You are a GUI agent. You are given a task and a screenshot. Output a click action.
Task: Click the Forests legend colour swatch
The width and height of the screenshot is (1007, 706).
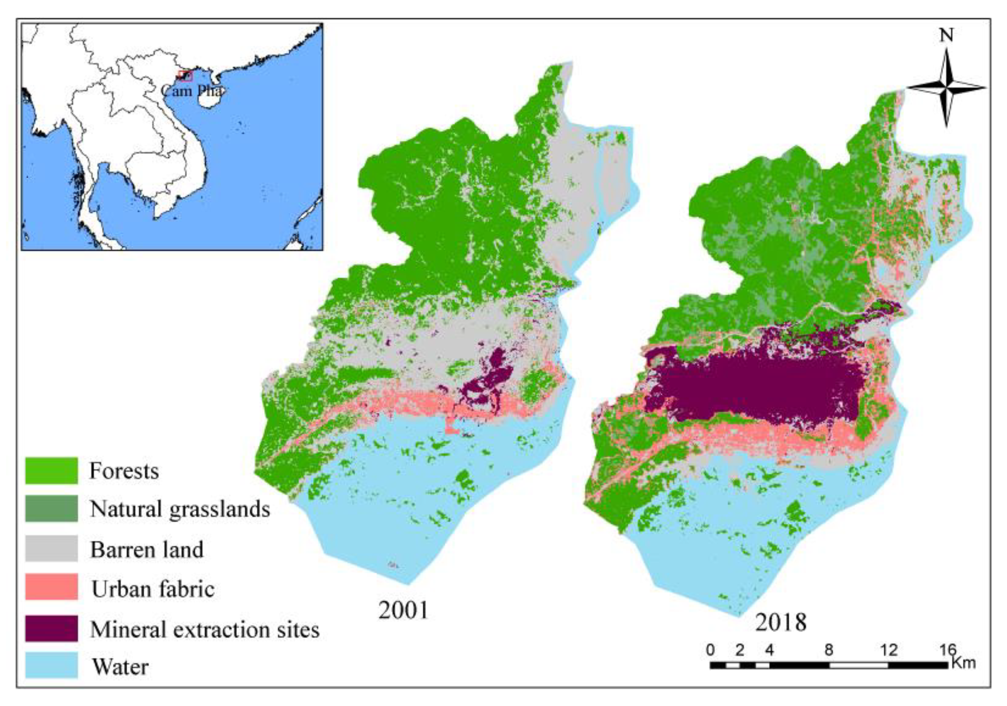point(51,471)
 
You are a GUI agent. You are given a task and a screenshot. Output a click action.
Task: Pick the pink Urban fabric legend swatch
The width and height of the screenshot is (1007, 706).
point(51,586)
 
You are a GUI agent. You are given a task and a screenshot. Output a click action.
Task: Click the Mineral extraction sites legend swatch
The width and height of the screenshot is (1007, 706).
point(51,628)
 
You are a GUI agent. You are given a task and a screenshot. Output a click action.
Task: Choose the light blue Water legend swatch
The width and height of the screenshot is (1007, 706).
point(51,665)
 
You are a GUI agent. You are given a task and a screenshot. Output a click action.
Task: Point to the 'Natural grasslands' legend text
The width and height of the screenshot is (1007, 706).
point(180,509)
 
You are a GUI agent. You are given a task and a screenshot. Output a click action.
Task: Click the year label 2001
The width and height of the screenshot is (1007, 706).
point(403,610)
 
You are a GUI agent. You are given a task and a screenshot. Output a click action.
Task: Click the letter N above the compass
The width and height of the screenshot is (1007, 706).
point(946,36)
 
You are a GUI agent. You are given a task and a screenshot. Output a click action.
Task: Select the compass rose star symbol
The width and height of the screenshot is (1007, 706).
point(946,88)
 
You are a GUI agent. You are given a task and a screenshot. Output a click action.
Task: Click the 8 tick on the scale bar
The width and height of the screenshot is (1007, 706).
point(829,650)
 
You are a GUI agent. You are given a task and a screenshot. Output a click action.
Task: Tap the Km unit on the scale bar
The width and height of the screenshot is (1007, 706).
point(963,662)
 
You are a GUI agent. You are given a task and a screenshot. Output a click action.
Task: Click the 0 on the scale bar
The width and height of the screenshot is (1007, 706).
point(710,650)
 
